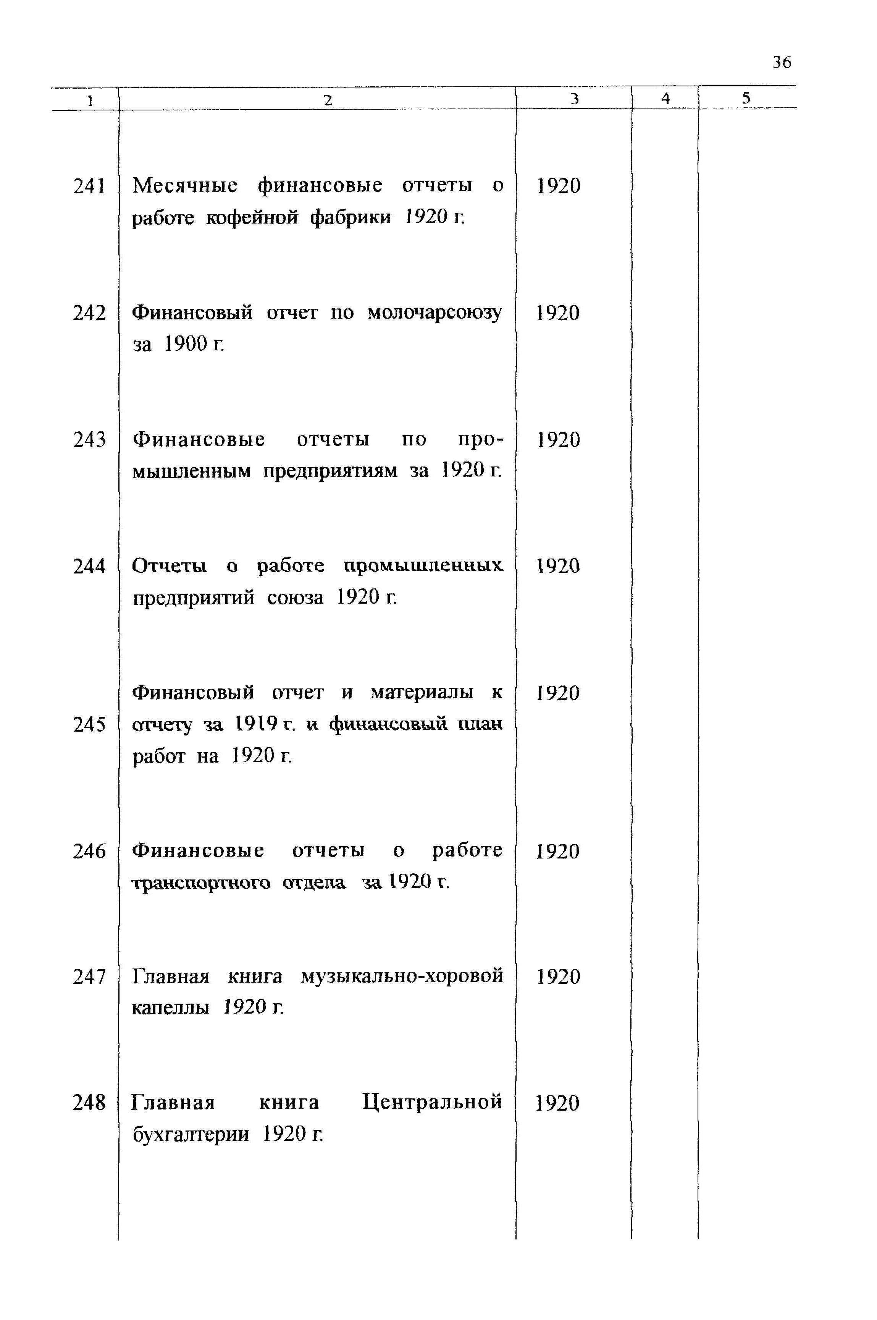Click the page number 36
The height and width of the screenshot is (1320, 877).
coord(782,62)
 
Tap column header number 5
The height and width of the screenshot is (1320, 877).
coord(746,99)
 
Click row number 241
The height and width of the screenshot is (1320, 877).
coord(89,186)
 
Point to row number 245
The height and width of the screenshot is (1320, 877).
coord(89,725)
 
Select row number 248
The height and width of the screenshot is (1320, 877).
coord(89,1102)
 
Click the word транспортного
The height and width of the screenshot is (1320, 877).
coord(201,883)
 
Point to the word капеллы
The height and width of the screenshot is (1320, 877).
coord(171,1008)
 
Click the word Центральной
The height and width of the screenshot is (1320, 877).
coord(432,1102)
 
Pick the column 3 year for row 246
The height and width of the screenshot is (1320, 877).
coord(558,852)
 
